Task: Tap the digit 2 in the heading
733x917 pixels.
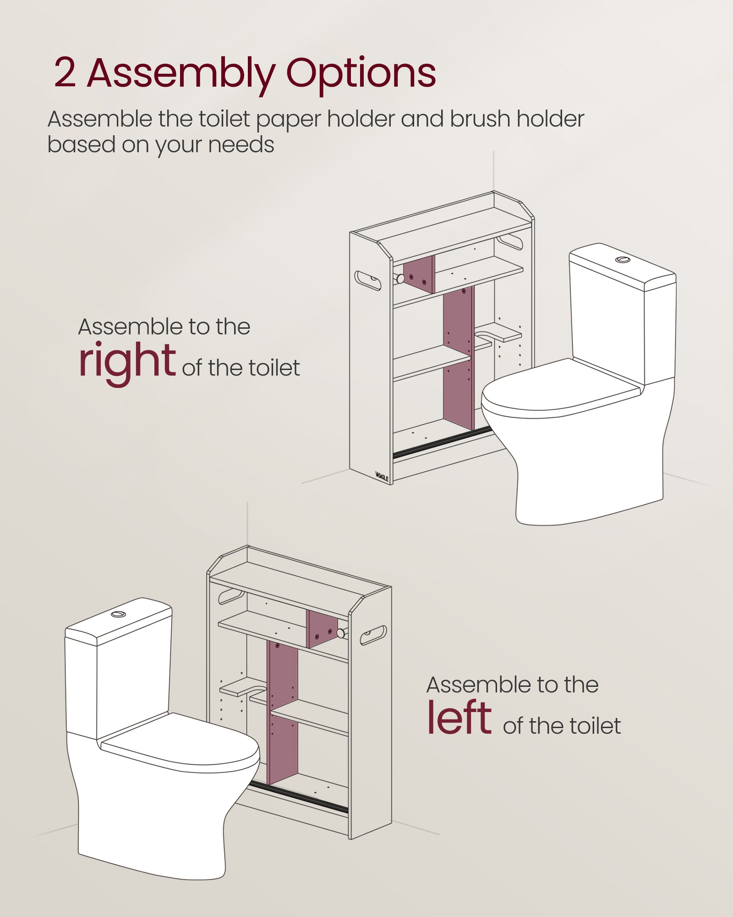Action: click(65, 72)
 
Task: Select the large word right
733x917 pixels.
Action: click(127, 362)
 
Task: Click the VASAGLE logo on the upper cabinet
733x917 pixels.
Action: click(382, 476)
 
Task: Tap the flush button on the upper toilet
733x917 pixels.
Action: click(623, 260)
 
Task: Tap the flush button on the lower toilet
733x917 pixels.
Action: click(118, 614)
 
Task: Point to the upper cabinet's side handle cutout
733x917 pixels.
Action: click(367, 281)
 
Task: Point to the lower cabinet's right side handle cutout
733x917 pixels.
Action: click(373, 635)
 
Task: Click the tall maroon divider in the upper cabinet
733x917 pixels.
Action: click(459, 358)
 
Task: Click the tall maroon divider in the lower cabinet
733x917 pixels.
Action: click(282, 713)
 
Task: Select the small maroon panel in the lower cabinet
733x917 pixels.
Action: click(322, 629)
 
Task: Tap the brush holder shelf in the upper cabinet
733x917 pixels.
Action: click(498, 332)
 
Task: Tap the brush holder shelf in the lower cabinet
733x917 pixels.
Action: click(243, 687)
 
